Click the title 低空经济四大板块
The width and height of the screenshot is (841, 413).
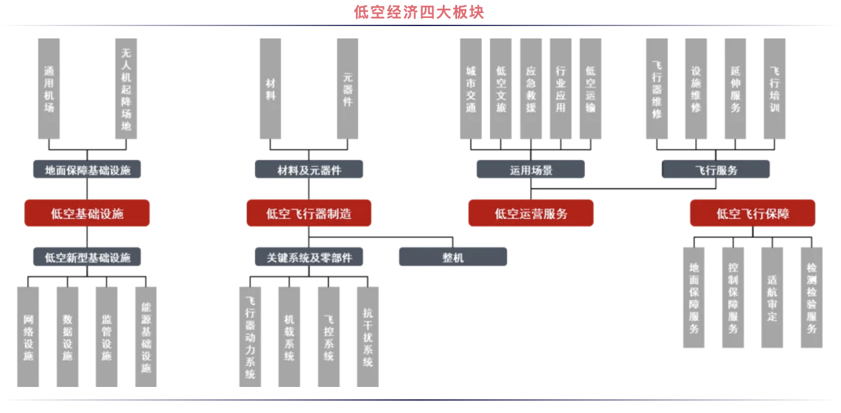(x=419, y=12)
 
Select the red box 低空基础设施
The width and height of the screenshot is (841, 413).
(x=87, y=213)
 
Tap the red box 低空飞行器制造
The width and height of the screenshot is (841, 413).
(x=309, y=213)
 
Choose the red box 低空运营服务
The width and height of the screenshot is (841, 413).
(x=531, y=213)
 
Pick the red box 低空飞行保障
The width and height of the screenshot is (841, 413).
(x=752, y=213)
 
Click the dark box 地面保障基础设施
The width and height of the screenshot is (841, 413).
(x=87, y=169)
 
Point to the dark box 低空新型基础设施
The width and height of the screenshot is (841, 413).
(x=87, y=257)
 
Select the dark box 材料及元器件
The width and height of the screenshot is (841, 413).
(x=309, y=169)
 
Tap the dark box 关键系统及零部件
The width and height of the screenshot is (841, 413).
(x=309, y=257)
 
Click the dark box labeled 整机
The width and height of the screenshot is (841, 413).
(x=453, y=257)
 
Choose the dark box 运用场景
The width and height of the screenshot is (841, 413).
(x=531, y=169)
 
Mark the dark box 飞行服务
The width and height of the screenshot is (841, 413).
(x=716, y=169)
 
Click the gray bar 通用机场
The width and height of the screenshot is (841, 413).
(x=49, y=89)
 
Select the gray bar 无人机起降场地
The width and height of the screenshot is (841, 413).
(x=127, y=89)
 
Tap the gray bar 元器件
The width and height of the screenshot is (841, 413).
(x=348, y=89)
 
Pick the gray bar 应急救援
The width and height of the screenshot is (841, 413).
(x=531, y=89)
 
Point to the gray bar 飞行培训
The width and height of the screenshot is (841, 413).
(x=775, y=89)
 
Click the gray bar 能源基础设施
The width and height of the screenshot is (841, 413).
(x=146, y=337)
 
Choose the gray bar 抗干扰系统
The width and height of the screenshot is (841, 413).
(x=368, y=337)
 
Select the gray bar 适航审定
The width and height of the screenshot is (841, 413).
(x=772, y=298)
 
